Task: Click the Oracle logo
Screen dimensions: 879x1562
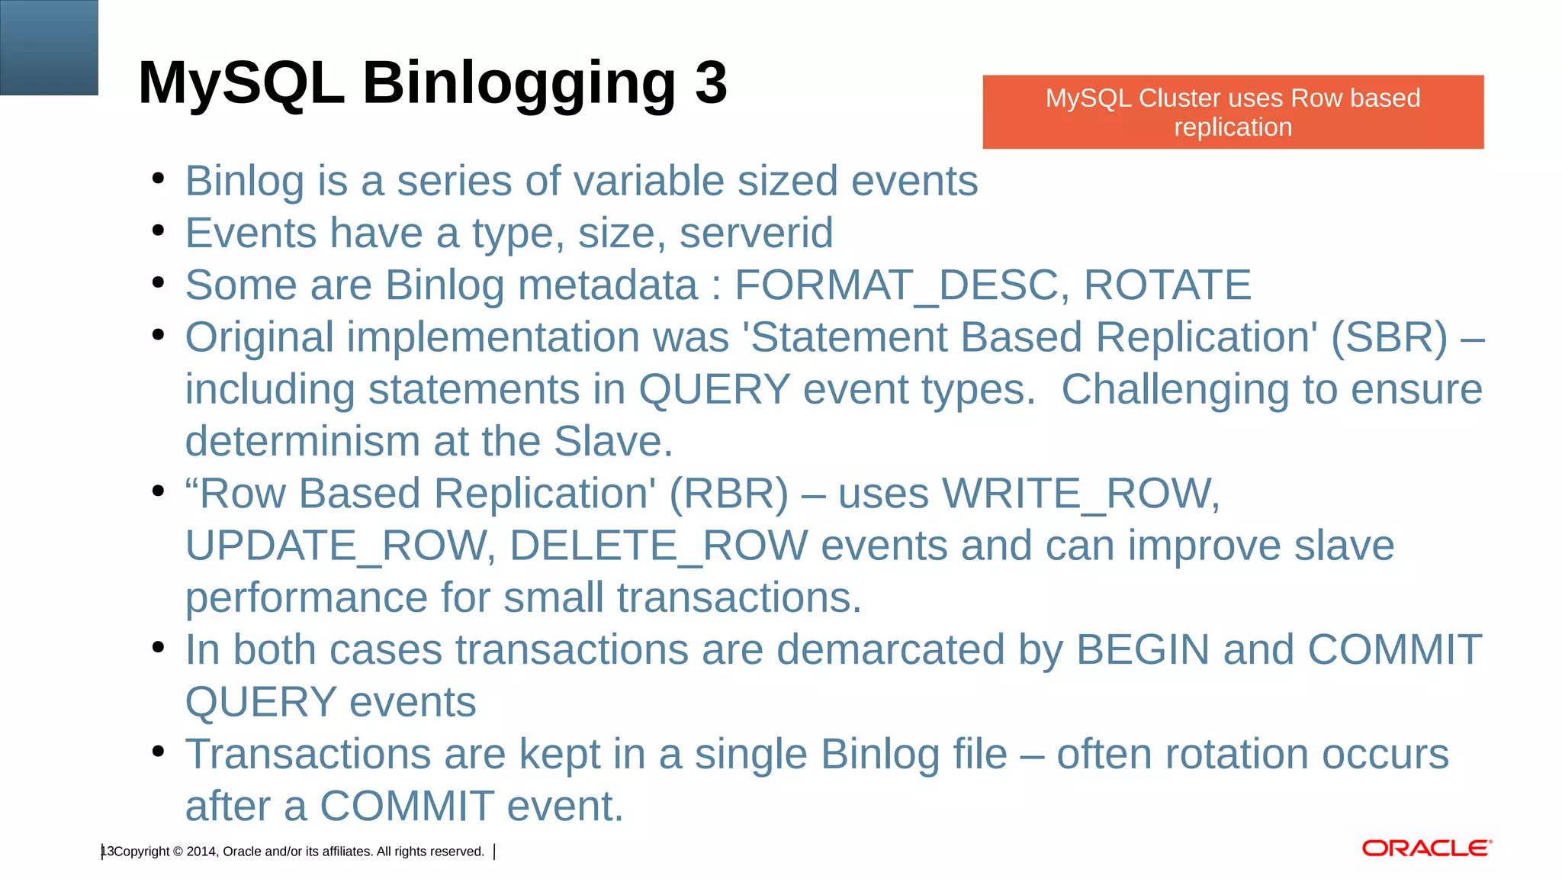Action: coord(1426,848)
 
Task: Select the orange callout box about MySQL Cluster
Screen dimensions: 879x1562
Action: coord(1233,112)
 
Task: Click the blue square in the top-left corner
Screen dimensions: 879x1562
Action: coord(49,47)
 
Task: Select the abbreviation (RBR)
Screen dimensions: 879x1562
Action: coord(728,494)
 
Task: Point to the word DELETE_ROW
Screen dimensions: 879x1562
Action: coord(658,546)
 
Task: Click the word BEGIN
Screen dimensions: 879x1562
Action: coord(1143,650)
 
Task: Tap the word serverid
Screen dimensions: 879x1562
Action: coord(756,233)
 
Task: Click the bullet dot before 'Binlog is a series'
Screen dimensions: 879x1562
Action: coord(158,179)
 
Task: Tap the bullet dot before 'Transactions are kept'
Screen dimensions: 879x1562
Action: coord(158,752)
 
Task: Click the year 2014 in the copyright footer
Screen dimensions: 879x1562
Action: coord(201,852)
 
